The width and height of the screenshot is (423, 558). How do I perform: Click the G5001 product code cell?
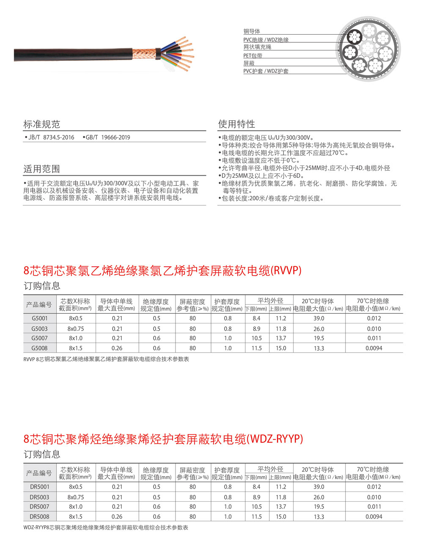coord(40,318)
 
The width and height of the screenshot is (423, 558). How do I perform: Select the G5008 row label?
coord(40,348)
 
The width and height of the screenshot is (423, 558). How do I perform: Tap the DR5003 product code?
coord(39,497)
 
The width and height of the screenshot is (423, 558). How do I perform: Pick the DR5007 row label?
coord(39,507)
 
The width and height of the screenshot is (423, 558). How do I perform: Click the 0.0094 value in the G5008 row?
coord(374,348)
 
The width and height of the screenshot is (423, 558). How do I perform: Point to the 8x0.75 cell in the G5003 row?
coord(76,329)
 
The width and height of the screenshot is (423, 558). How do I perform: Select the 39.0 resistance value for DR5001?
coord(319,487)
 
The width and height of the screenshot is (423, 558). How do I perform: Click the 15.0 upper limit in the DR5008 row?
coord(281,517)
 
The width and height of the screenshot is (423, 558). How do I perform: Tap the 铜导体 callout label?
coord(252,31)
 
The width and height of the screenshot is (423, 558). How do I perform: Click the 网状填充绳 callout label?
coord(257,47)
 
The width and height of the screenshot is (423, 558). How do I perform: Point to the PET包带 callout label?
coord(253,55)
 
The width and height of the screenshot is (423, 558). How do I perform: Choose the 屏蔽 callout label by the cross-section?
coord(249,63)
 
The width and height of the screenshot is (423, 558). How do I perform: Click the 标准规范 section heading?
coord(41,124)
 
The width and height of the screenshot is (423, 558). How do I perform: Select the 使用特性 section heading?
coord(236,124)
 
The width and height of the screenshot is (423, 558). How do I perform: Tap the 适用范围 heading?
coord(41,169)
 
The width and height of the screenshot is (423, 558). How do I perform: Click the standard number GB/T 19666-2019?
coord(108,137)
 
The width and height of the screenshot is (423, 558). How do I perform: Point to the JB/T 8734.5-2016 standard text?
coord(51,137)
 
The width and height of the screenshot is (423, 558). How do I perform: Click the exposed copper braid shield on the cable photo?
coord(144,54)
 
